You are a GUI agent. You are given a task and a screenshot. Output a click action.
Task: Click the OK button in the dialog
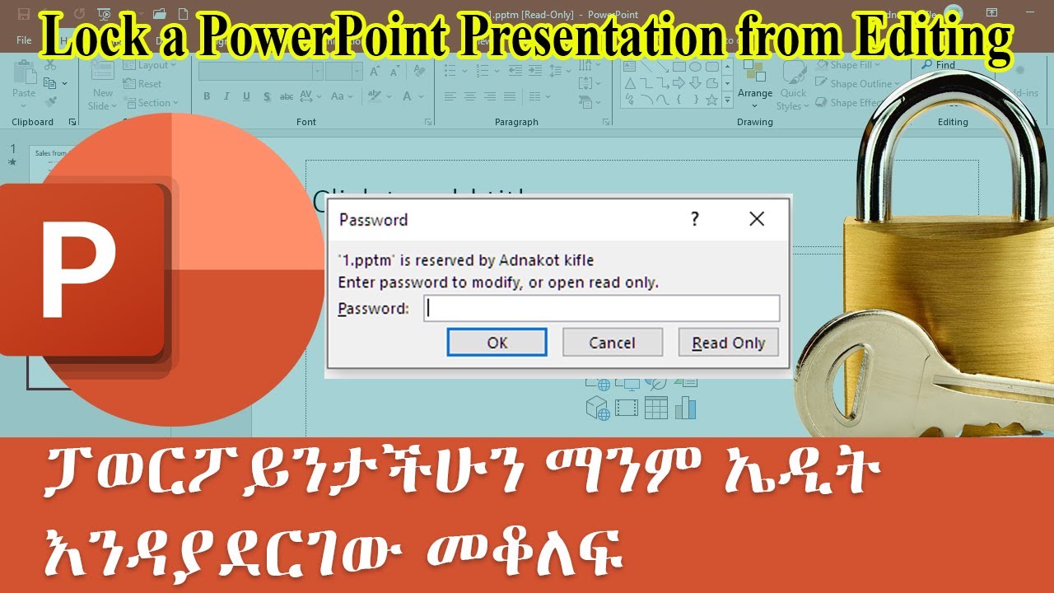(x=497, y=343)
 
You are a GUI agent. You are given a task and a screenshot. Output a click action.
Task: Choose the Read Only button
(x=728, y=343)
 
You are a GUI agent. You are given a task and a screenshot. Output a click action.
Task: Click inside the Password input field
(x=601, y=309)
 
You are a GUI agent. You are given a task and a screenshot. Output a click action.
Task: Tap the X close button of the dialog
(x=757, y=219)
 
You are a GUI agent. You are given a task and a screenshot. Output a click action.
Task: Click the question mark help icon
(x=695, y=219)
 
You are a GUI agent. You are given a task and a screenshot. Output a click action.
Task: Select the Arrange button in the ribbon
(x=754, y=93)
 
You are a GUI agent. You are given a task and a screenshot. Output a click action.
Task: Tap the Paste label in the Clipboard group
(x=24, y=93)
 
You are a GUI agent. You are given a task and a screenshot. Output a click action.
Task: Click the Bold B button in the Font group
(x=207, y=96)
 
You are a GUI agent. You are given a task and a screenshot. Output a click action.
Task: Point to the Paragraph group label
(x=516, y=122)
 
